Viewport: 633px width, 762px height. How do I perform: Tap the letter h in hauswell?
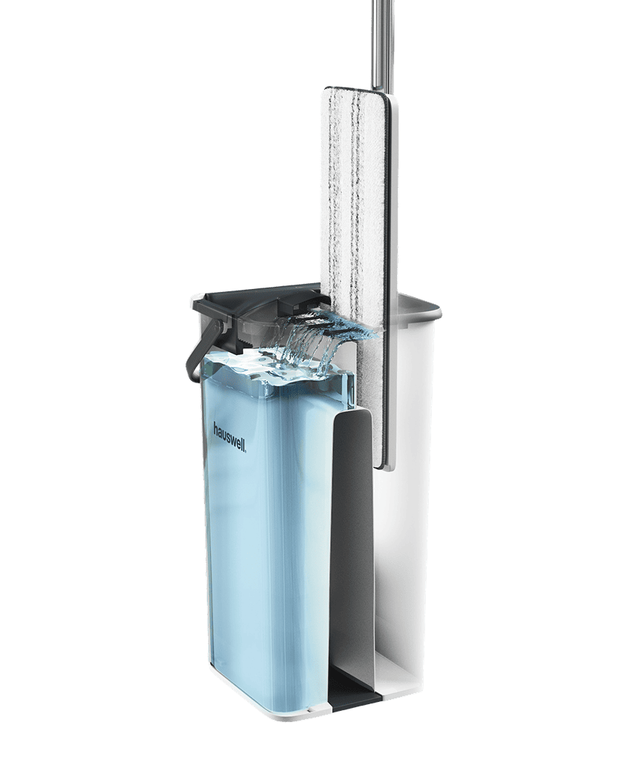point(216,428)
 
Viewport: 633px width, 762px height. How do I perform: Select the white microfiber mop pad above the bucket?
point(352,194)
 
